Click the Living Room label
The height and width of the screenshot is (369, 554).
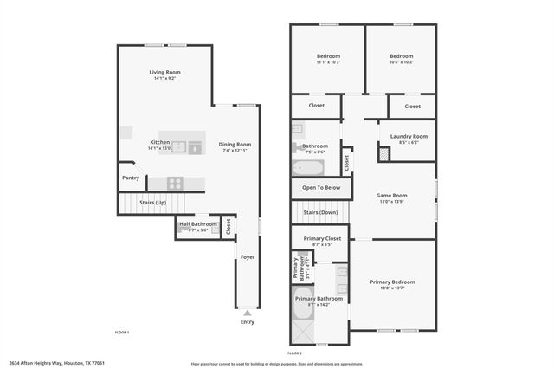pos(164,72)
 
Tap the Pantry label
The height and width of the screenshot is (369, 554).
pos(131,178)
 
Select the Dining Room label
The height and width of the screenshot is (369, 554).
pos(234,144)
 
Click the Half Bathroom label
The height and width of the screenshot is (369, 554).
pos(198,224)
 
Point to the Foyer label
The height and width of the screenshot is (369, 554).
pos(248,256)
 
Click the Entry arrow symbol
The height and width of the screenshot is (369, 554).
pos(248,314)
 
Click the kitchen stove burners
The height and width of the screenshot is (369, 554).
pos(174,183)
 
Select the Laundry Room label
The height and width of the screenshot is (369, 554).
pos(409,136)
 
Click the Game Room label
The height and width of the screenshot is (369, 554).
pos(391,196)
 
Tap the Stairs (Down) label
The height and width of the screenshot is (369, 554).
pos(320,211)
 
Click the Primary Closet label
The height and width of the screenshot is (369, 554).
pos(321,238)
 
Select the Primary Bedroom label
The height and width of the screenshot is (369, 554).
pos(392,282)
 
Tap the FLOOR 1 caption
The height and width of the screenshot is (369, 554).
pos(122,333)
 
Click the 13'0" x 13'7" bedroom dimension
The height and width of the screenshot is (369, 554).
pos(392,288)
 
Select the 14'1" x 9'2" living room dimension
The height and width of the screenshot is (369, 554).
pos(164,79)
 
